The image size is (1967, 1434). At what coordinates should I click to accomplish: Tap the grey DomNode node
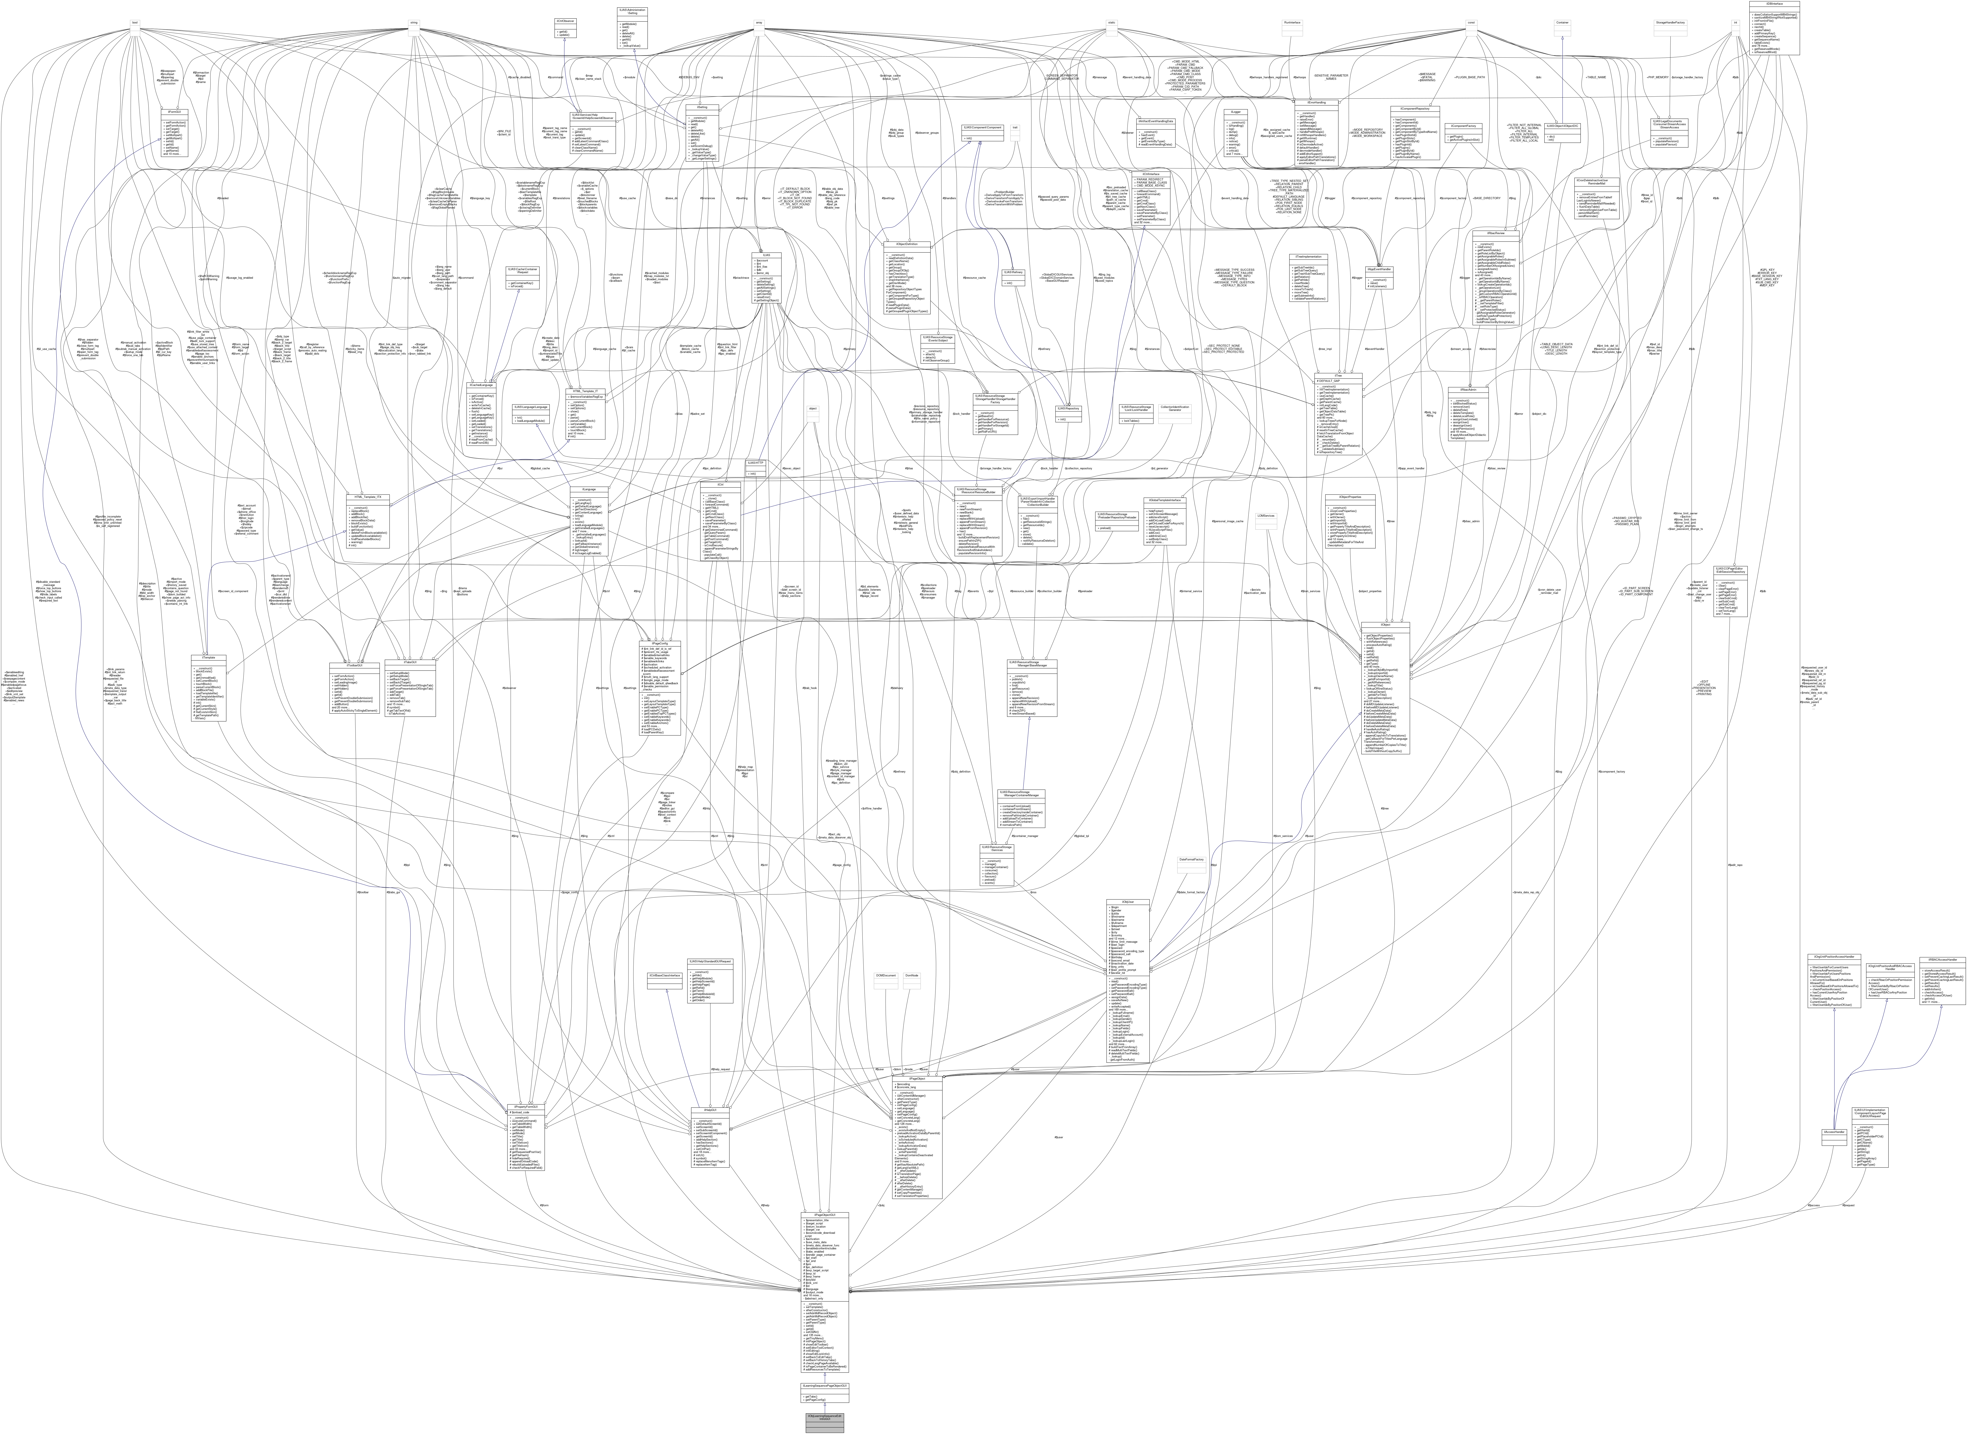[x=912, y=981]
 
